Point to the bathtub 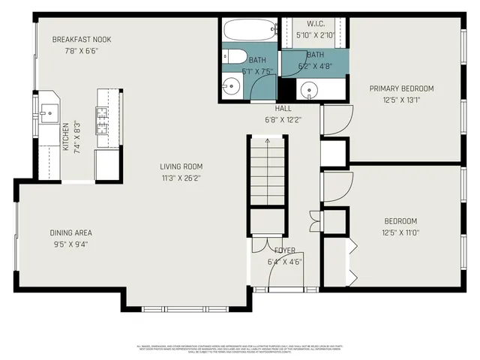tap(250, 32)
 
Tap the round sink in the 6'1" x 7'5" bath tap(232, 86)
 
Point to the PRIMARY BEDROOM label tap(401, 88)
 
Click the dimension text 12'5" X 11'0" tap(400, 233)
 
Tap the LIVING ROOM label tap(181, 166)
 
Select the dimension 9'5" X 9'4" tap(70, 245)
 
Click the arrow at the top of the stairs tap(267, 139)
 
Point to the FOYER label tap(284, 250)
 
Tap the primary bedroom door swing tap(336, 120)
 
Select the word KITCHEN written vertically tap(65, 137)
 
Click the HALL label tap(283, 108)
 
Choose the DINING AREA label tap(70, 233)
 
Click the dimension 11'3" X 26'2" tap(181, 178)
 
